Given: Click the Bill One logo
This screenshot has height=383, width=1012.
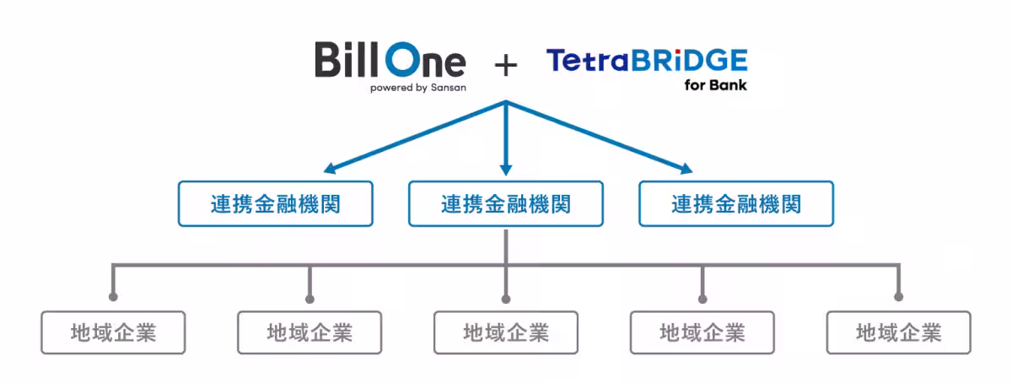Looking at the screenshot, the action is coord(390,67).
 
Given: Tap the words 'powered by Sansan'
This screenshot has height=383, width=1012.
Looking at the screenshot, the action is coord(418,88).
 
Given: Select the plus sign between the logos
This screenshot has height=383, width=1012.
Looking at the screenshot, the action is coord(505,66).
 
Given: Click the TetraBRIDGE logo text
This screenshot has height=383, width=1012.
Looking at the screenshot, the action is coord(647,61).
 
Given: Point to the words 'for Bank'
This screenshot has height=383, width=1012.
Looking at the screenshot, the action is coord(716,85).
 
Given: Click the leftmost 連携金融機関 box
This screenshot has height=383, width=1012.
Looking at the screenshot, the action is coord(276,203).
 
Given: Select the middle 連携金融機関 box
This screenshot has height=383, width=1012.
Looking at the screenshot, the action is coord(506,203).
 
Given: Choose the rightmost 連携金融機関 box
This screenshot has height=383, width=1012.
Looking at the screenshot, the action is coord(736,203).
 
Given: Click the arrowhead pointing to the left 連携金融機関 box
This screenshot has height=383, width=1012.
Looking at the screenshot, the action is coord(330,168).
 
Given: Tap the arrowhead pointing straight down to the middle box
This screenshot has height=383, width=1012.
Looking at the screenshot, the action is coord(506,170).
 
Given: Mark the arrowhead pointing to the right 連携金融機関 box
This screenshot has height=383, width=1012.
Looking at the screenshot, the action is coord(686,169).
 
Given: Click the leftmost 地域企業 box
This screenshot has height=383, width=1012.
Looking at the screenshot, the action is coord(113,332).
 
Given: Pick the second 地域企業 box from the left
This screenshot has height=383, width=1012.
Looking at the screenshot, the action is coord(310,332).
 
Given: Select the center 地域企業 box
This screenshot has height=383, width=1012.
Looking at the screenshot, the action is coord(506,332).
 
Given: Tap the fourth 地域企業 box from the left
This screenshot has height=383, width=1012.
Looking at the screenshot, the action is coord(702,332).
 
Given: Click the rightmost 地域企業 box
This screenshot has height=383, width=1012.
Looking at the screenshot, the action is coord(899,332).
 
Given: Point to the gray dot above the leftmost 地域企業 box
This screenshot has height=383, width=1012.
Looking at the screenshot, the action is coord(113,297).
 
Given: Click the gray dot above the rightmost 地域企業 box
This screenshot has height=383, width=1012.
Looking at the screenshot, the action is coord(899,297).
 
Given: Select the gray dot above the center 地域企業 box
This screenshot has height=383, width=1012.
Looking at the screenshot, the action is coord(506,299).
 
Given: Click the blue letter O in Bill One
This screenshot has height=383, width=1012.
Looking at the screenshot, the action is coord(403,59).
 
